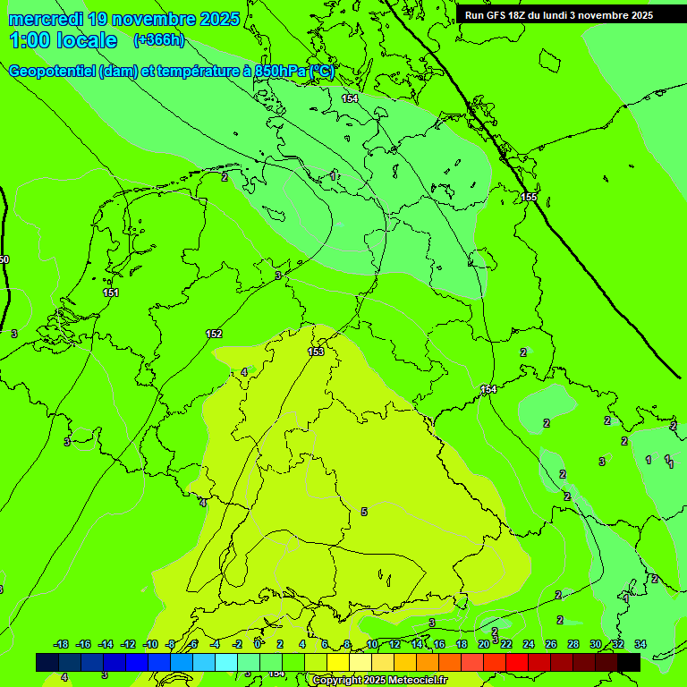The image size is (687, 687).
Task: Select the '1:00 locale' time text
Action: click(63, 40)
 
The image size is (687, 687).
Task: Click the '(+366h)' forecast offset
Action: click(159, 40)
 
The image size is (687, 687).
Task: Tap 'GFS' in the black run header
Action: click(494, 15)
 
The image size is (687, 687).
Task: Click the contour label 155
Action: click(530, 197)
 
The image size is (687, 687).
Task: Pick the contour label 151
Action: click(111, 293)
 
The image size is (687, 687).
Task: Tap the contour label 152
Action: click(214, 334)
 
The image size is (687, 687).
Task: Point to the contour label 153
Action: click(316, 352)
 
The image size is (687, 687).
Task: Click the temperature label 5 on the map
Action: click(364, 512)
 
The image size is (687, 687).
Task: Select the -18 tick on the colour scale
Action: click(61, 644)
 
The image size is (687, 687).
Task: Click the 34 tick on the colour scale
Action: click(640, 644)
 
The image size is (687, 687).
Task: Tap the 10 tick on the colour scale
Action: click(372, 644)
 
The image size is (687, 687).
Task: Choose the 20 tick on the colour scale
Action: click(484, 644)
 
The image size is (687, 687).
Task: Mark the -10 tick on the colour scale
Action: click(150, 644)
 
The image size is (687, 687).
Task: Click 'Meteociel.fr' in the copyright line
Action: click(412, 681)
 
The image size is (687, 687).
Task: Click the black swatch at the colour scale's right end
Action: click(629, 662)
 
